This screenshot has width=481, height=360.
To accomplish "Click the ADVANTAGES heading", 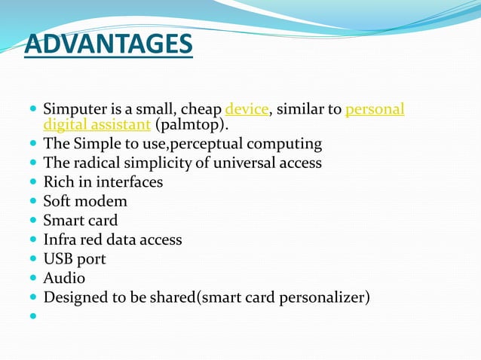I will point(108,44).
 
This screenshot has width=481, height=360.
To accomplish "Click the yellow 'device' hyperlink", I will point(247,110).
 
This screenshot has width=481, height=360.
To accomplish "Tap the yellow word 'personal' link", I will point(375,110).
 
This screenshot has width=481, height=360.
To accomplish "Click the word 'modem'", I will point(103,202).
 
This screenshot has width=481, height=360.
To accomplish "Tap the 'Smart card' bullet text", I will point(81,221).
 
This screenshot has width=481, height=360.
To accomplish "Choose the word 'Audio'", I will point(64,279).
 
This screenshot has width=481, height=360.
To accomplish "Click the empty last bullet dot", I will point(33,316).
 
